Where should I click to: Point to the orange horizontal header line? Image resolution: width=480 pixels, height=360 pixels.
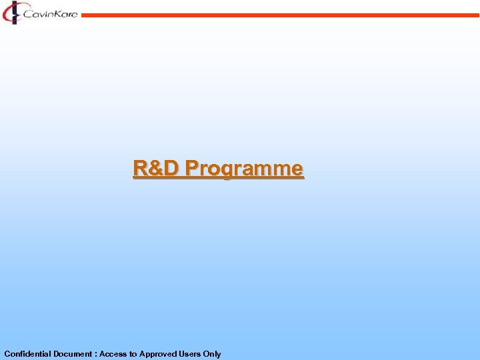coord(280,15)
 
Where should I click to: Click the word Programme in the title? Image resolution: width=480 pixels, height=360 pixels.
coord(245,169)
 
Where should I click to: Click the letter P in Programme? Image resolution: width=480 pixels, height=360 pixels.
coord(193,168)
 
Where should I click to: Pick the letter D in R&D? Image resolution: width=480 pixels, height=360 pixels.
coord(172,168)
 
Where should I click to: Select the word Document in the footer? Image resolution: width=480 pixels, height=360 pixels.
coord(75,354)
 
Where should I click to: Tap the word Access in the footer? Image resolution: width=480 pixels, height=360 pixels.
coord(113,354)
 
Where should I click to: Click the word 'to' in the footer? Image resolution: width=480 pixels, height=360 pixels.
coord(133,354)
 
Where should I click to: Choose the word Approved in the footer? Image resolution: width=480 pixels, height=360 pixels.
coord(158,354)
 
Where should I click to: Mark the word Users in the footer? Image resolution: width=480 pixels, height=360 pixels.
coord(191,354)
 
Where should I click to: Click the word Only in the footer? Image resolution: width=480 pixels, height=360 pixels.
coord(213,354)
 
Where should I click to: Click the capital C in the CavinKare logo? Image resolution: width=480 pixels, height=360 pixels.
coord(27,13)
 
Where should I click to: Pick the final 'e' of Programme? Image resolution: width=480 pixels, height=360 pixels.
coord(297,169)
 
